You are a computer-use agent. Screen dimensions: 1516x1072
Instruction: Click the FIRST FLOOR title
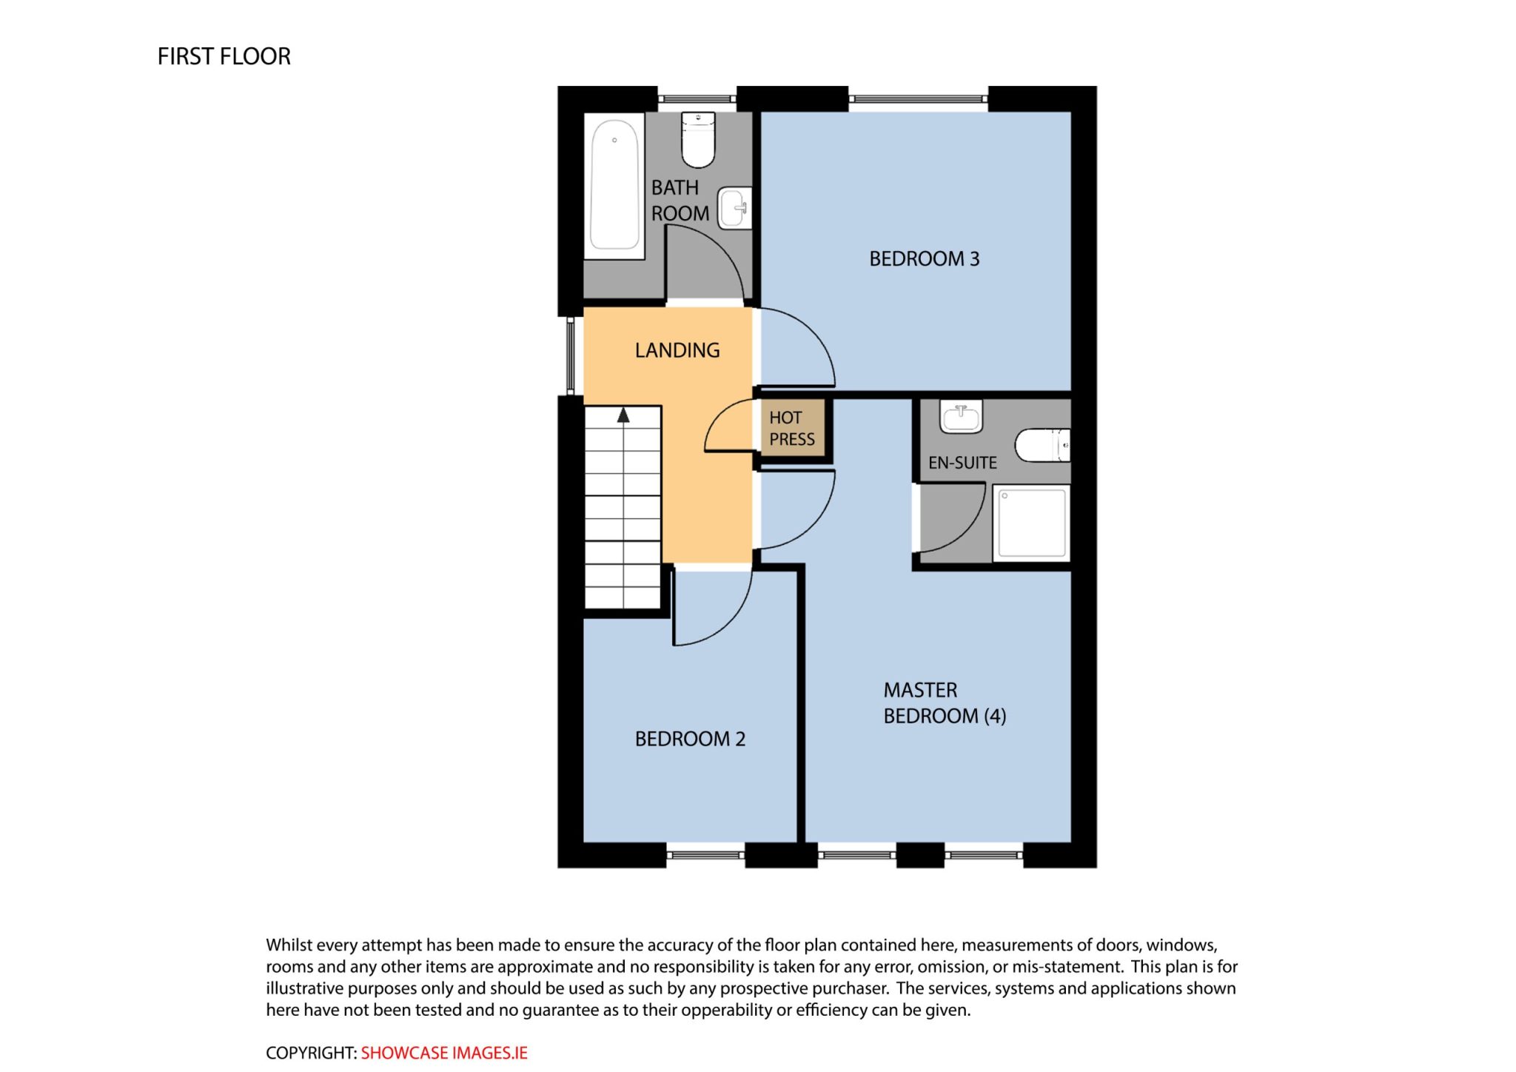pyautogui.click(x=224, y=56)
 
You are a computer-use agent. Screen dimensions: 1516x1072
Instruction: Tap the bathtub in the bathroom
pyautogui.click(x=614, y=185)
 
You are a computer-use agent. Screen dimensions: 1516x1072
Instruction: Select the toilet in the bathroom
pyautogui.click(x=698, y=140)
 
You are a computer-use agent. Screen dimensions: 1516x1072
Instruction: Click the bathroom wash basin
pyautogui.click(x=735, y=208)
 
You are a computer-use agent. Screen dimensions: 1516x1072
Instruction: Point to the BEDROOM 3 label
pyautogui.click(x=924, y=258)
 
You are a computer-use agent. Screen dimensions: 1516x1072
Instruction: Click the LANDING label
pyautogui.click(x=677, y=350)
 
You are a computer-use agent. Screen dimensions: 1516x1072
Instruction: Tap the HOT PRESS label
pyautogui.click(x=792, y=429)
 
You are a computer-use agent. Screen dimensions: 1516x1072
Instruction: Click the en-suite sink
pyautogui.click(x=961, y=416)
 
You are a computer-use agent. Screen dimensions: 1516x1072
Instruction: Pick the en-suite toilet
pyautogui.click(x=1042, y=445)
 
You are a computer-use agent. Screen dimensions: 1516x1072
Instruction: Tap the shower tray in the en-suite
pyautogui.click(x=1031, y=523)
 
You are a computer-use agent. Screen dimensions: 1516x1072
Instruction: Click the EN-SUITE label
pyautogui.click(x=962, y=463)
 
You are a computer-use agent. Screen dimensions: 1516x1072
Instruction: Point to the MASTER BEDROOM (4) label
pyautogui.click(x=945, y=703)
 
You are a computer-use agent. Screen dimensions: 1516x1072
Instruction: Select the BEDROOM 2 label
pyautogui.click(x=690, y=739)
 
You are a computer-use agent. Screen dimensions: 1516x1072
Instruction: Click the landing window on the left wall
pyautogui.click(x=571, y=355)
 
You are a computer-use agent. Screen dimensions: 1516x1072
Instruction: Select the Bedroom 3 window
pyautogui.click(x=918, y=98)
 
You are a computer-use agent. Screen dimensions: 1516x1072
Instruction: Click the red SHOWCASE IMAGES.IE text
pyautogui.click(x=444, y=1053)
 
